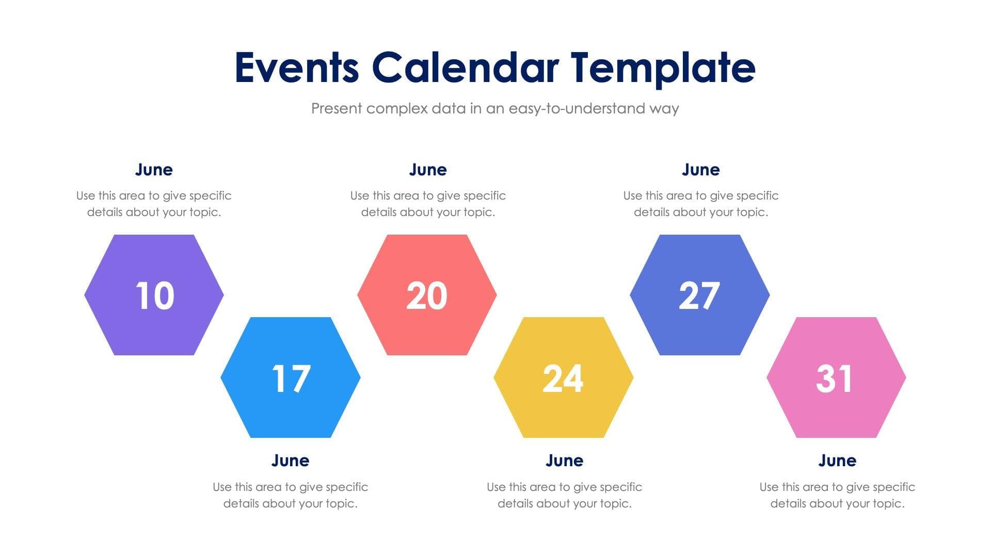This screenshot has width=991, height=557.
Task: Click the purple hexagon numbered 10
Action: point(154,295)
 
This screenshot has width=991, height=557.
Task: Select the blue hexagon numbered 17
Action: point(291,378)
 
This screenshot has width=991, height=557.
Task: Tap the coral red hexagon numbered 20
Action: point(427,295)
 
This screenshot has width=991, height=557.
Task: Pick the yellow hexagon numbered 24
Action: point(563,378)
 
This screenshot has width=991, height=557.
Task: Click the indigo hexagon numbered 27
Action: point(699,295)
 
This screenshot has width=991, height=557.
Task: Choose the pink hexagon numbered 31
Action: point(836,378)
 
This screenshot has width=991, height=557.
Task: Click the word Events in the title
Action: point(297,68)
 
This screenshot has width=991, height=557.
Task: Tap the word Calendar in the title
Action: point(465,68)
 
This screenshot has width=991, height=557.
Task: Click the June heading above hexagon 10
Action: point(154,169)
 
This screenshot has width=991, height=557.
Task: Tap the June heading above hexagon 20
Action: point(428,169)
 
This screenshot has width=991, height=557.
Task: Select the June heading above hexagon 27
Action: point(700,169)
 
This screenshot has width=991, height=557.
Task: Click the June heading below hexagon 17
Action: point(290,460)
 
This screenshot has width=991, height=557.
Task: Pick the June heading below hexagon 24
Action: point(564,460)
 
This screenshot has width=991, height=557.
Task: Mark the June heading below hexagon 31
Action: point(837,460)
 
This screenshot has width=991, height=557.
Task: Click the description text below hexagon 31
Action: point(837,495)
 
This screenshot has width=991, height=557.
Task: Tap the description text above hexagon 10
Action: point(154,204)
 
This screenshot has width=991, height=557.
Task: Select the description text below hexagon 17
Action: point(290,495)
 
